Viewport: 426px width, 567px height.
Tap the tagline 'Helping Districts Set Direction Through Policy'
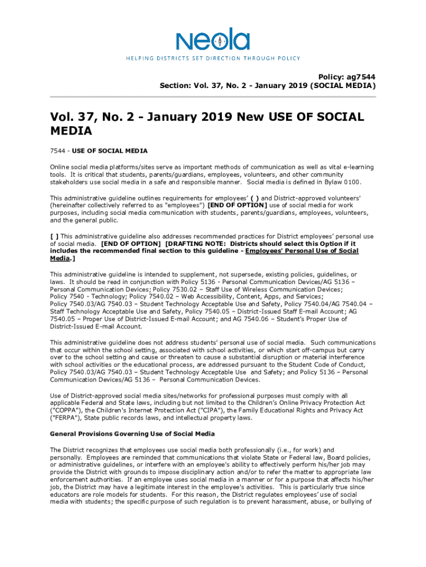click(x=212, y=58)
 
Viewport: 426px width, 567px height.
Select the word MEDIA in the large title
click(x=71, y=131)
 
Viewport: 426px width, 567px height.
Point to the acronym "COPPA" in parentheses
click(x=65, y=410)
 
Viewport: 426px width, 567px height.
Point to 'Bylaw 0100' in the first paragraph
click(x=344, y=182)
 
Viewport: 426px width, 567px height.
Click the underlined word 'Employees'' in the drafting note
click(x=264, y=251)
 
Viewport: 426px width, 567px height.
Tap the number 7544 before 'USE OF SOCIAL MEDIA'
click(x=58, y=151)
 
